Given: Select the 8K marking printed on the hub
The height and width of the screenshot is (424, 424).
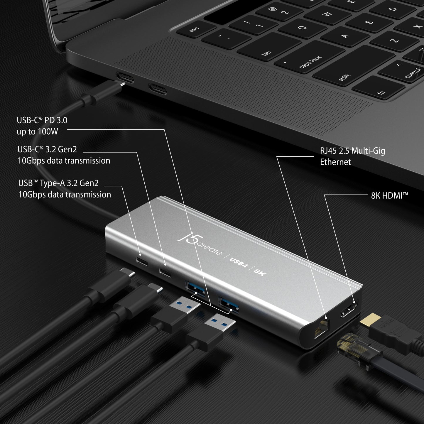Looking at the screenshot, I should tap(260, 272).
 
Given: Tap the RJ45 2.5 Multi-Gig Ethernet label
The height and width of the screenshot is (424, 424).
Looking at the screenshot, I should tap(352, 156).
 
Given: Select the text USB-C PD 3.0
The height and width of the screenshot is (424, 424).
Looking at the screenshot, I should tap(42, 120).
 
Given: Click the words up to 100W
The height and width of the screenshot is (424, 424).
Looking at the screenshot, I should tap(38, 131).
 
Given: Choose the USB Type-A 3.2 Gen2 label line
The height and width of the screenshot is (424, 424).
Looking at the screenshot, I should tap(58, 183).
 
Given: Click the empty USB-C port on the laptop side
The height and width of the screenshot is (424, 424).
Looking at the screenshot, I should tap(157, 88).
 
